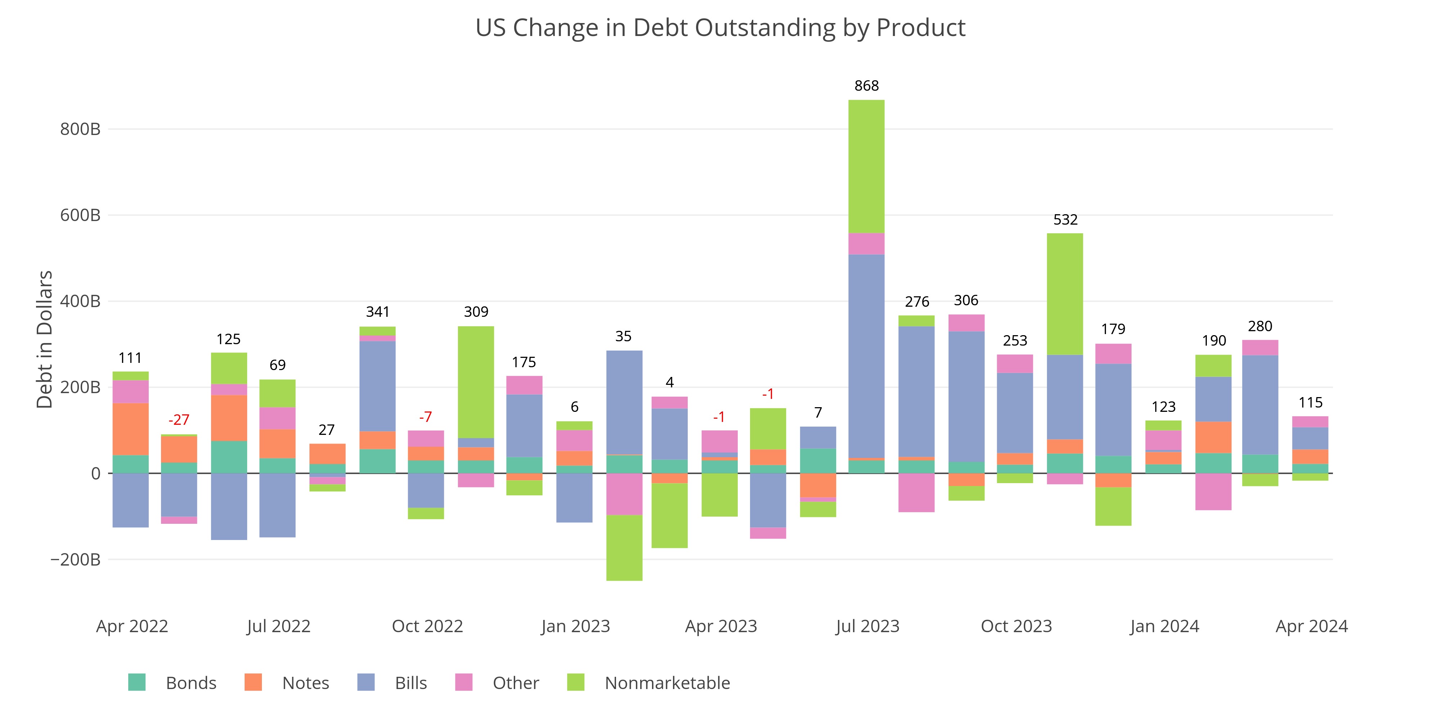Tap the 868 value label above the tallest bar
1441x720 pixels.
(x=866, y=86)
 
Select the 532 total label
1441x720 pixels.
(x=1065, y=220)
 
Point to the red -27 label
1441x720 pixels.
(x=179, y=420)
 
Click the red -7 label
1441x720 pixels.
(x=426, y=417)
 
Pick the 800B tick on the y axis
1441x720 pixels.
(x=80, y=129)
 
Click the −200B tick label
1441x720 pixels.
(x=76, y=559)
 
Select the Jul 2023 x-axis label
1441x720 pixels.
(x=867, y=626)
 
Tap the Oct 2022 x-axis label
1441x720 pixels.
(x=427, y=626)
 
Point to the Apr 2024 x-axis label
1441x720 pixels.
(x=1311, y=626)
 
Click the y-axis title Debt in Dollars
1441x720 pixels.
(x=45, y=339)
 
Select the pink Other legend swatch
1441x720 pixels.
(x=464, y=683)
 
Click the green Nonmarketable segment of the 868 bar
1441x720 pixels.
(x=866, y=167)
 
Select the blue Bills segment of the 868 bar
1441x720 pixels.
(x=866, y=356)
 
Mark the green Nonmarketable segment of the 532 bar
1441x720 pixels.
(x=1065, y=294)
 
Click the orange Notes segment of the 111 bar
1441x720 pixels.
(x=130, y=429)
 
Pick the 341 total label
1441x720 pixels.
(x=378, y=312)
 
